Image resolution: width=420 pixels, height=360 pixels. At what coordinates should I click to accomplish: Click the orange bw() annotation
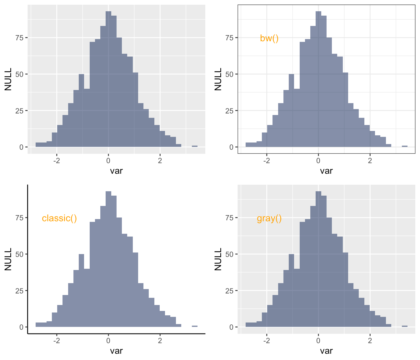(269, 38)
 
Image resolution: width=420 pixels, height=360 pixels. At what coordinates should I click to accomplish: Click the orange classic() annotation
(59, 218)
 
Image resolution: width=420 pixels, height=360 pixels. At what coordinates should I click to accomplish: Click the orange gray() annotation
(269, 218)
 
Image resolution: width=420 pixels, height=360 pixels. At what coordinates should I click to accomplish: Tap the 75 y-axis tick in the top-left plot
(19, 38)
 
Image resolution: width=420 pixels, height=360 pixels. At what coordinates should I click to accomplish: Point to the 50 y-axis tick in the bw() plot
(229, 74)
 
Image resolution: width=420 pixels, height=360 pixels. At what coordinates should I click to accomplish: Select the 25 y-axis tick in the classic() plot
(19, 291)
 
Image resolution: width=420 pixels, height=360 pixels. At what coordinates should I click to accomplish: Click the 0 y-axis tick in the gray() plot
(231, 327)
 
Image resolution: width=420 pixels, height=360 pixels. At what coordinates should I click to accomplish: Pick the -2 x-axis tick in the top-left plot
(57, 161)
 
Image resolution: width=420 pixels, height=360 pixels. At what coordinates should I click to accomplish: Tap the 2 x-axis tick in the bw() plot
(370, 161)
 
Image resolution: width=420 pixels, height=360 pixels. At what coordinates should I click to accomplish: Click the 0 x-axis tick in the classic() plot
(108, 341)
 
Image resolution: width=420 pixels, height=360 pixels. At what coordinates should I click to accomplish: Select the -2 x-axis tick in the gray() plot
(267, 341)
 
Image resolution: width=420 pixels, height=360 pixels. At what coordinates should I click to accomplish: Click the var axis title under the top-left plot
(116, 171)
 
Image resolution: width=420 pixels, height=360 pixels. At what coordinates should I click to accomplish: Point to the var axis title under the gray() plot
(326, 351)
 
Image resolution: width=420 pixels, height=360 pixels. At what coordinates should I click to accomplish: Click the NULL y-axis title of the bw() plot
(218, 79)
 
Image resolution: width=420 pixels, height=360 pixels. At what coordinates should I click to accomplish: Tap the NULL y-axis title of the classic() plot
(8, 259)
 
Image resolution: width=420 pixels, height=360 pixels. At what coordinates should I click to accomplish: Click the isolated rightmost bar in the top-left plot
(195, 146)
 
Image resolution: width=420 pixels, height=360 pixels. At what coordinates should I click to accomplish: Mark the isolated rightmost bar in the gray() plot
(405, 326)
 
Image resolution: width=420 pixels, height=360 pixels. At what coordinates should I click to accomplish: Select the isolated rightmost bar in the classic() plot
(195, 326)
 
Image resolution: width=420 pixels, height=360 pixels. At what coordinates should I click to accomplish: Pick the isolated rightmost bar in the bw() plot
(405, 146)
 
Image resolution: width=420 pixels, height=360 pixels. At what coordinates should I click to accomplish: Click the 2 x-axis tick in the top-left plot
(160, 161)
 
